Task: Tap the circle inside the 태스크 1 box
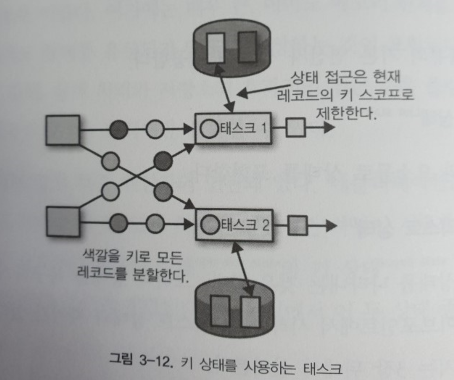coord(209,128)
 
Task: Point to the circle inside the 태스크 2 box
coord(210,224)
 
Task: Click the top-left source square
coord(63,130)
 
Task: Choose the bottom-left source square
coord(63,222)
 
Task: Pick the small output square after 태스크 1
coord(295,128)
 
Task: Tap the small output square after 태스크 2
coord(297,225)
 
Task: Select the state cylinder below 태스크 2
coord(235,308)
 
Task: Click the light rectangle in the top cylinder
coord(215,48)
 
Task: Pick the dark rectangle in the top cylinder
coord(247,47)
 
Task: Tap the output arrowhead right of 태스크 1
coord(329,127)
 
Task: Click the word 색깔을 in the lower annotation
coord(101,256)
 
